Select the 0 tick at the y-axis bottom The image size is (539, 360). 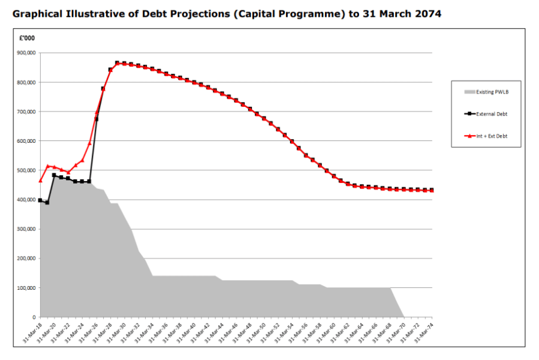34,317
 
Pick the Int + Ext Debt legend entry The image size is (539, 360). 492,136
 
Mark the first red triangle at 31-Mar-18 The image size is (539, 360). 40,180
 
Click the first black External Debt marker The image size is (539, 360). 40,200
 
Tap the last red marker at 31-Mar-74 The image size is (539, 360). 432,191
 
